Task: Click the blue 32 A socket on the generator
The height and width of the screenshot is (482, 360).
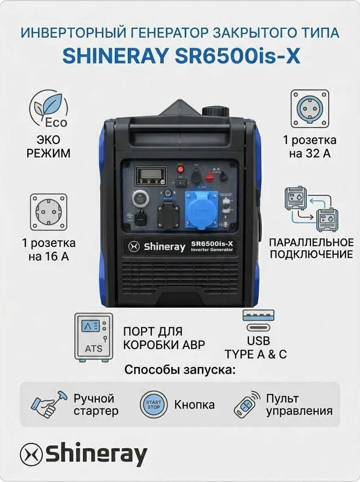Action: pyautogui.click(x=199, y=210)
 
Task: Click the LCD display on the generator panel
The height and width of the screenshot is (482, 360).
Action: pyautogui.click(x=151, y=175)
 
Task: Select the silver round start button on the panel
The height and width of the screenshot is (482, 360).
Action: pyautogui.click(x=141, y=199)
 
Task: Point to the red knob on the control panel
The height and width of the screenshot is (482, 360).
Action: pyautogui.click(x=209, y=176)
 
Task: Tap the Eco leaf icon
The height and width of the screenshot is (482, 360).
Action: pyautogui.click(x=49, y=108)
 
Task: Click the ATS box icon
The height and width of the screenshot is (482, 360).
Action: pyautogui.click(x=93, y=338)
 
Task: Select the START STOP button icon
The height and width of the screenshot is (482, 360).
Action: pyautogui.click(x=154, y=404)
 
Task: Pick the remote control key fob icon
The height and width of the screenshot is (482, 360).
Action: pyautogui.click(x=247, y=404)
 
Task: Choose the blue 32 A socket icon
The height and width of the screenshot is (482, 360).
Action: pyautogui.click(x=309, y=109)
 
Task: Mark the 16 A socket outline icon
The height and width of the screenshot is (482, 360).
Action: pyautogui.click(x=49, y=212)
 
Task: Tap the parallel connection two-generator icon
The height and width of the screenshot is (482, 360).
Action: pyautogui.click(x=311, y=209)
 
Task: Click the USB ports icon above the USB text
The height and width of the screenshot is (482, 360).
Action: pyautogui.click(x=258, y=321)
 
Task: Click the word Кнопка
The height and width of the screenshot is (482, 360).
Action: pyautogui.click(x=194, y=404)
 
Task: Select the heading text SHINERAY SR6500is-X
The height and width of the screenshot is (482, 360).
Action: pyautogui.click(x=182, y=56)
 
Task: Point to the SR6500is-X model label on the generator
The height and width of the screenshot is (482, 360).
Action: pyautogui.click(x=212, y=246)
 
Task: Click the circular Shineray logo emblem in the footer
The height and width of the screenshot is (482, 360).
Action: pyautogui.click(x=31, y=454)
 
